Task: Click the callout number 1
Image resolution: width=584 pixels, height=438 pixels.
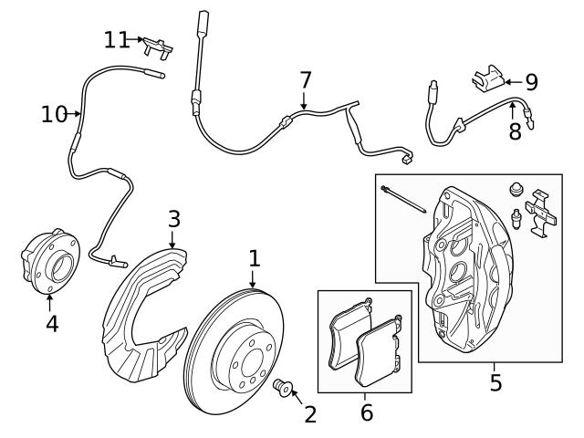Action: pos(255,258)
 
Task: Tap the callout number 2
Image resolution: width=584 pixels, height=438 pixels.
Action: pos(310,415)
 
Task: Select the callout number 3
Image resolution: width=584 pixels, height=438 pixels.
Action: pos(174,220)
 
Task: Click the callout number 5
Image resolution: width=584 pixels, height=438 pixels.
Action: pos(495,382)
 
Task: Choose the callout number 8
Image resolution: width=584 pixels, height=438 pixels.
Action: pos(516,131)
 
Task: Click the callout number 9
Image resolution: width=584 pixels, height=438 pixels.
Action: pos(530,82)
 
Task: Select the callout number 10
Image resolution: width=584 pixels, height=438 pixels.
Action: pos(54,114)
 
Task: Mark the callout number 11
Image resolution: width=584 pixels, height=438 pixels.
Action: pos(117,39)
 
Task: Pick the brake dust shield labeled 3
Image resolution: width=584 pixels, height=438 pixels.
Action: pos(146,310)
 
